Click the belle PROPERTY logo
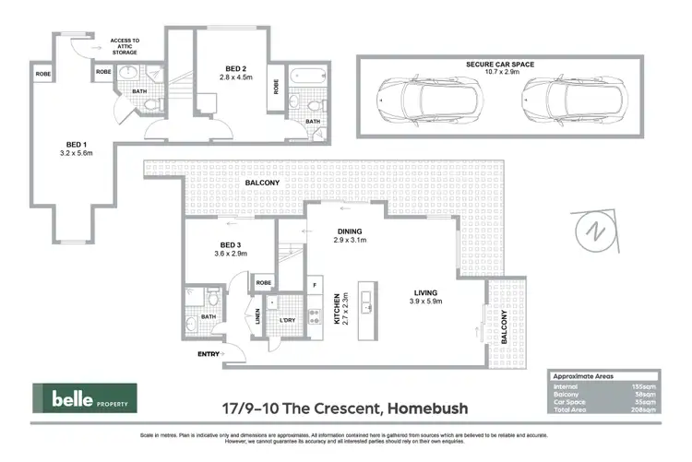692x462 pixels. (85, 399)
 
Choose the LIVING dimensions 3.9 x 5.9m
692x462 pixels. (425, 301)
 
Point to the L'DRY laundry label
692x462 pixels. (288, 320)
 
